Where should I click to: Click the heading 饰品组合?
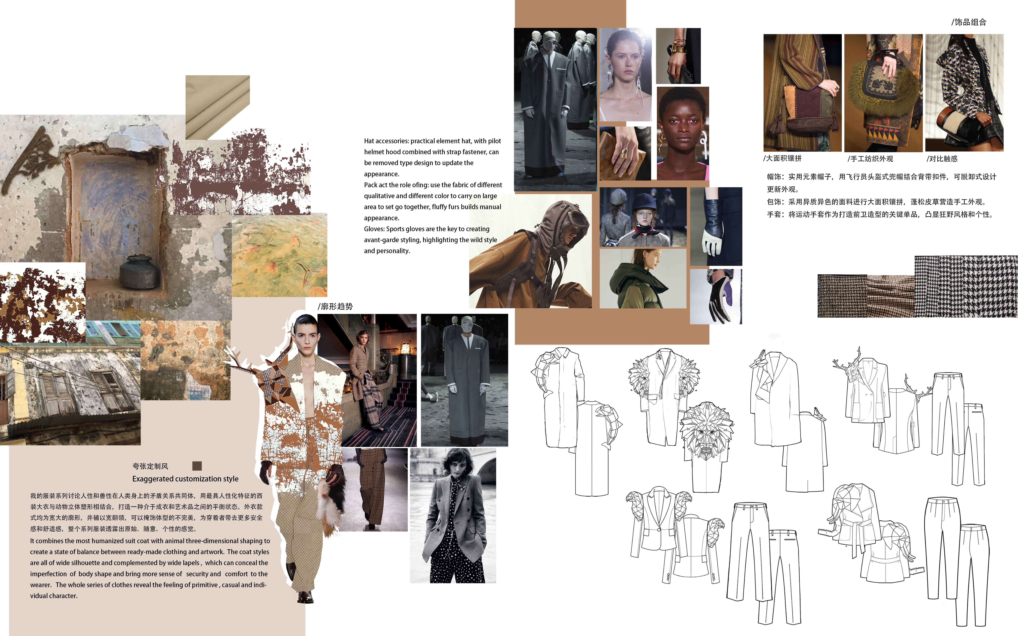[970, 22]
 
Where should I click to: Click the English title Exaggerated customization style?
[185, 479]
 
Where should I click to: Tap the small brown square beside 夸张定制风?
[197, 466]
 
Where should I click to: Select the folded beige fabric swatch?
[217, 107]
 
